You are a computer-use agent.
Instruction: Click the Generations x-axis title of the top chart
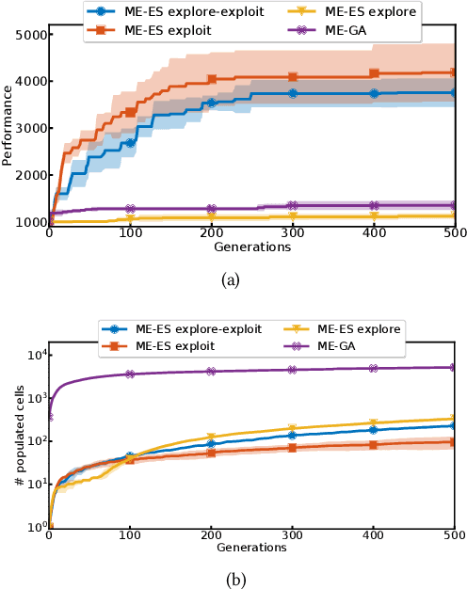pos(250,247)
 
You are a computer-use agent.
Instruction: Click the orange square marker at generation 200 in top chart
pos(212,80)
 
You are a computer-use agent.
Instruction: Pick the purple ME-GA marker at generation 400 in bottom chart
pos(374,369)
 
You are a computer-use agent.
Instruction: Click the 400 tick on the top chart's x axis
pos(374,235)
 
